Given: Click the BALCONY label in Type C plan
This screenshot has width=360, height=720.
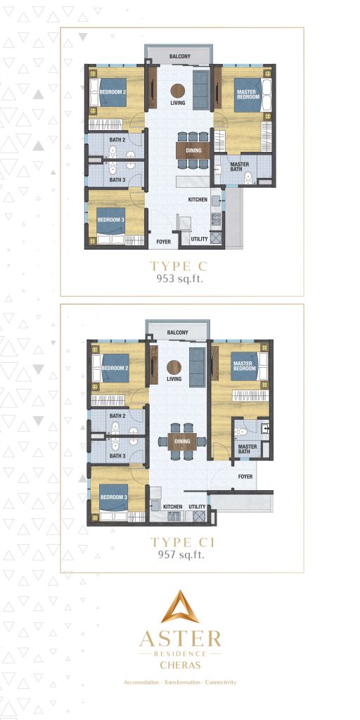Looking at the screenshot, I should (x=179, y=56).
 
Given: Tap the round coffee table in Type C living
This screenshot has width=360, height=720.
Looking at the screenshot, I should (x=179, y=90).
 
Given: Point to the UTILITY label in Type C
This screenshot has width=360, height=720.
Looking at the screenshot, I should (x=200, y=239).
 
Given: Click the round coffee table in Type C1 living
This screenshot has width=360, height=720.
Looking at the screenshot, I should (x=174, y=366).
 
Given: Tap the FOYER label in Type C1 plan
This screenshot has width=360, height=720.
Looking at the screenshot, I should (x=245, y=475).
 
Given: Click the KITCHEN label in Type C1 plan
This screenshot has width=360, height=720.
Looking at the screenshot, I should (x=173, y=506).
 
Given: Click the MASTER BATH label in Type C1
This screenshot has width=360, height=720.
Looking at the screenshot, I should (x=247, y=449).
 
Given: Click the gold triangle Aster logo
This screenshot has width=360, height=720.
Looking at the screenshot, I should (x=180, y=607).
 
